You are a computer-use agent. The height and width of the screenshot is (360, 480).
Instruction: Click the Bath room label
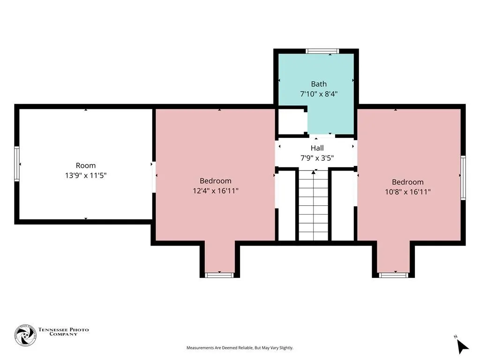pyautogui.click(x=319, y=84)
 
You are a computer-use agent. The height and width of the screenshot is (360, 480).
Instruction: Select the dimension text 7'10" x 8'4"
pyautogui.click(x=319, y=94)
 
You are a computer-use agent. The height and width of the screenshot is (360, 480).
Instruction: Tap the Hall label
pyautogui.click(x=317, y=148)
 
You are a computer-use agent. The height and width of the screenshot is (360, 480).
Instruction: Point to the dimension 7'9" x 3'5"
pyautogui.click(x=317, y=158)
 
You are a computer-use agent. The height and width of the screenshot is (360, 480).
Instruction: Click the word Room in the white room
pyautogui.click(x=86, y=165)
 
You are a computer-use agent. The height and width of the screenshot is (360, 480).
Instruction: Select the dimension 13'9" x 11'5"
pyautogui.click(x=86, y=175)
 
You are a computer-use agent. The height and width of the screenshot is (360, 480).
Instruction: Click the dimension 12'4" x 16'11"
pyautogui.click(x=216, y=191)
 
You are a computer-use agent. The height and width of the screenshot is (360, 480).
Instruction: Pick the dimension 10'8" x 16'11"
pyautogui.click(x=408, y=192)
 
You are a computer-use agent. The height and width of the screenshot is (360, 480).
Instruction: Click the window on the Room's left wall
pyautogui.click(x=17, y=164)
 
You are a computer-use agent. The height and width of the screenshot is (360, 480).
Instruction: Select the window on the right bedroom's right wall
pyautogui.click(x=463, y=178)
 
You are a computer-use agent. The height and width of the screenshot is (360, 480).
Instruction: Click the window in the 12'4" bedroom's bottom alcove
pyautogui.click(x=219, y=275)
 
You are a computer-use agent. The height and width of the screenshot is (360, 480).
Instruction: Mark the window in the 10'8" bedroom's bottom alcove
pyautogui.click(x=393, y=275)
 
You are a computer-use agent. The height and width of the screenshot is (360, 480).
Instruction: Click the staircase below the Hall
pyautogui.click(x=314, y=205)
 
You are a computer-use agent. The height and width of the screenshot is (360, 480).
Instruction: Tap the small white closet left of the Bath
pyautogui.click(x=292, y=122)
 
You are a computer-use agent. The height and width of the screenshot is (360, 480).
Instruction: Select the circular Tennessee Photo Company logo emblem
pyautogui.click(x=26, y=335)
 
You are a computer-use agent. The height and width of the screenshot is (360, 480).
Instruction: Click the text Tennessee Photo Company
pyautogui.click(x=63, y=332)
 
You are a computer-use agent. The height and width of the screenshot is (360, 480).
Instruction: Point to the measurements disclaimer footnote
pyautogui.click(x=240, y=348)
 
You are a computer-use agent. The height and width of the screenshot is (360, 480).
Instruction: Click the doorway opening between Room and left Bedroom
pyautogui.click(x=154, y=177)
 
